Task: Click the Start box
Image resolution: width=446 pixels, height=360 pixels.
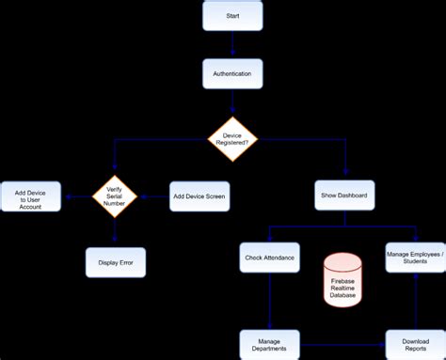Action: (232, 17)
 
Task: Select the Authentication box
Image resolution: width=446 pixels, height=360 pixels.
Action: (232, 74)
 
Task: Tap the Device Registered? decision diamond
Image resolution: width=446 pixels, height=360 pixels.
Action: (232, 139)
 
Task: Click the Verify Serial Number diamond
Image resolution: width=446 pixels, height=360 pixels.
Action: (115, 196)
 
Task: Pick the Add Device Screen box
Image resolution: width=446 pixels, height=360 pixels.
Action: (199, 196)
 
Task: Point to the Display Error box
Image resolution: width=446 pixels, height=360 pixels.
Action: (115, 262)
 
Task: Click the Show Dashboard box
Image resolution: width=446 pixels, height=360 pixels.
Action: (344, 196)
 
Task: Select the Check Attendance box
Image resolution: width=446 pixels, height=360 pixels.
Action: (270, 258)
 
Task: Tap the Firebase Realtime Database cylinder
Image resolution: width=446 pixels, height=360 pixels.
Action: (342, 279)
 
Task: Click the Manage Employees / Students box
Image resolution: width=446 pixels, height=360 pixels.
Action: (414, 258)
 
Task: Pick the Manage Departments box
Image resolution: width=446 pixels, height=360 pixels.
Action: (270, 343)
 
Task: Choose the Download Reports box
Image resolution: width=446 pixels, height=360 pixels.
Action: (414, 343)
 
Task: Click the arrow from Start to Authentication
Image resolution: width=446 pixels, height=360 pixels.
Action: (232, 45)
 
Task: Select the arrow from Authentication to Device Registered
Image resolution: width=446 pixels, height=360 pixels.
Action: (232, 102)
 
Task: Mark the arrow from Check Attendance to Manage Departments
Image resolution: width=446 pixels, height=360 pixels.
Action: (270, 301)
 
